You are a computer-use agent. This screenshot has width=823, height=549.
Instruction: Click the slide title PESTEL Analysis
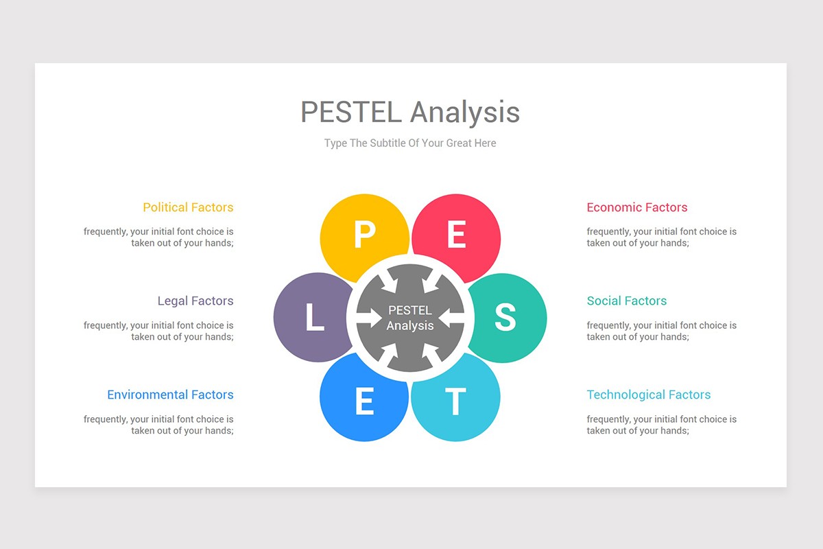[x=410, y=112]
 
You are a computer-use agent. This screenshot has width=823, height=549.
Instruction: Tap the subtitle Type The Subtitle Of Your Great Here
[x=410, y=143]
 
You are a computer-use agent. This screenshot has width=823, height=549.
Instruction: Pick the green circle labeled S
[x=506, y=317]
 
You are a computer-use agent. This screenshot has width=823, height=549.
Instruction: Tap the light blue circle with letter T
[x=456, y=401]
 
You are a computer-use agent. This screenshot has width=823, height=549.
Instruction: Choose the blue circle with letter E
[x=363, y=401]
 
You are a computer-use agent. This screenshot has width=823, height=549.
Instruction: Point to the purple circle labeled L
[x=313, y=318]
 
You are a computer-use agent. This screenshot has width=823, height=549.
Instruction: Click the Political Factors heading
[x=188, y=207]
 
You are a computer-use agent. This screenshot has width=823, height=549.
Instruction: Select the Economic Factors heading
[x=636, y=207]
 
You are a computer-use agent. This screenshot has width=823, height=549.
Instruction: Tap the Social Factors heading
[x=626, y=301]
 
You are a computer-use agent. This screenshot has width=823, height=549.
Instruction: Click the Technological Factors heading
[x=648, y=395]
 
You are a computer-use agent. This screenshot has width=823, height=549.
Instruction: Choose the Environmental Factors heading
[x=170, y=395]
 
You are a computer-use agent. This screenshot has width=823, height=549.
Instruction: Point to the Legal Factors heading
[x=195, y=301]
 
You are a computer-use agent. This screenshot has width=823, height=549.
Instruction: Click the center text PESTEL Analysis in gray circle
[x=410, y=318]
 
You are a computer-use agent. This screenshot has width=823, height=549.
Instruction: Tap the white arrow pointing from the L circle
[x=370, y=318]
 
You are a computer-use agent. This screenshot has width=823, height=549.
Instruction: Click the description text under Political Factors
[x=158, y=237]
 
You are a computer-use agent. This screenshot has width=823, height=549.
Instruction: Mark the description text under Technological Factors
[x=661, y=425]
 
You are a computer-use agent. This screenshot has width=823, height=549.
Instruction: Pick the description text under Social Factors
[x=661, y=331]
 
